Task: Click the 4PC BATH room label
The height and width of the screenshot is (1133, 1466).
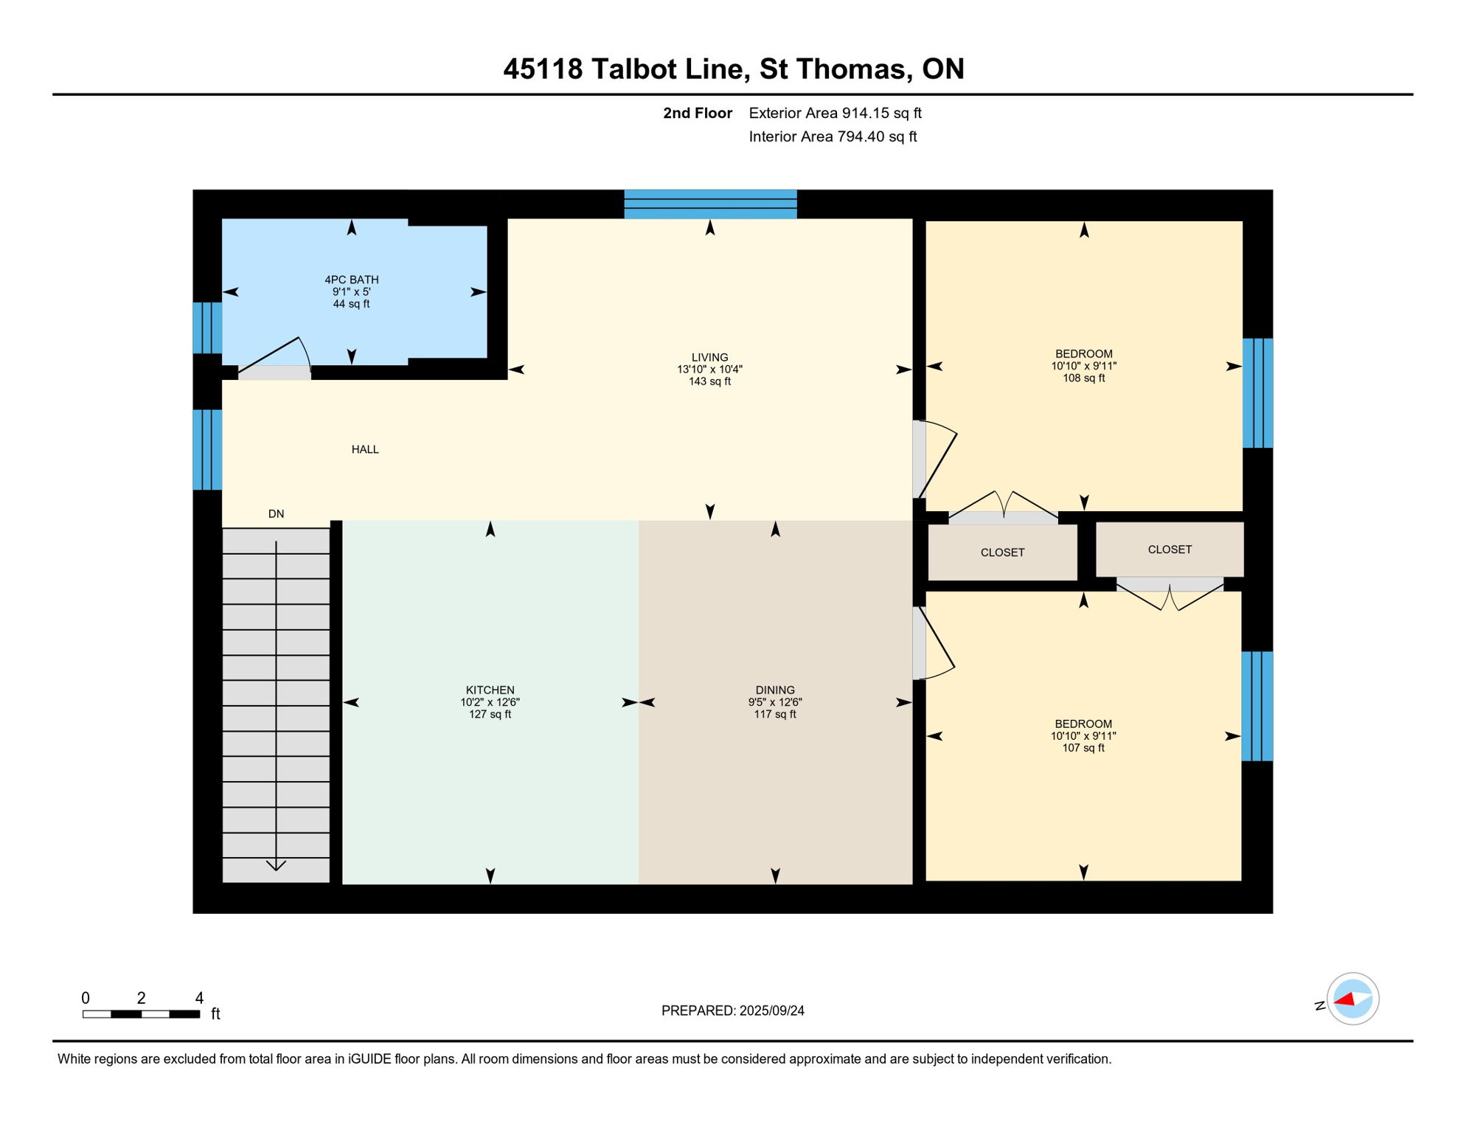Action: coord(351,280)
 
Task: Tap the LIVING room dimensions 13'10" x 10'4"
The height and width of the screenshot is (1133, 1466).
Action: coord(709,370)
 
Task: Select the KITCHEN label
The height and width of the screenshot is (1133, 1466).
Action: coord(490,690)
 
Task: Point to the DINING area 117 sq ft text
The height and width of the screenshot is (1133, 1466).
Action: coord(774,714)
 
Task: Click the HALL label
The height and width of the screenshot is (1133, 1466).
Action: coord(365,449)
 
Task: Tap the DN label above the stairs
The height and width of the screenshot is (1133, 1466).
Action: coord(276,514)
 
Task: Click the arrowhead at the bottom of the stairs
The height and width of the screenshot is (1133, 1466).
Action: coord(276,865)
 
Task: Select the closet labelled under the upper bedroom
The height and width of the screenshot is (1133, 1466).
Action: coord(1002,552)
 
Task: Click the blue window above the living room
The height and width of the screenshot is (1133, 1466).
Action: coord(710,204)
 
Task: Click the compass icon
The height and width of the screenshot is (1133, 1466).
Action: coord(1352,999)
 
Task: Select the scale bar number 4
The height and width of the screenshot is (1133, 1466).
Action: coord(199,998)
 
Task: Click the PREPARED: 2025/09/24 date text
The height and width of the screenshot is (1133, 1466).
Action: coord(732,1011)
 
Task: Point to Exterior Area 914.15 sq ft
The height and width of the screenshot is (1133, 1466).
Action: coord(835,113)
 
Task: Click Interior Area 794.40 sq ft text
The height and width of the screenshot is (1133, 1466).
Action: coord(833,136)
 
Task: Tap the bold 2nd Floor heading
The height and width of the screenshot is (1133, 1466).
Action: coord(697,113)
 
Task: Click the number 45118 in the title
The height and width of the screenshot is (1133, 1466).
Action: coord(543,69)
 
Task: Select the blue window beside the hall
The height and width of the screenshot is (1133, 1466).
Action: coord(207,450)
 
